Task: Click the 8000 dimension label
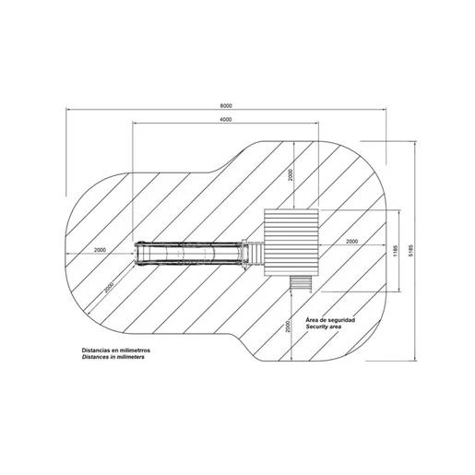(x=226, y=105)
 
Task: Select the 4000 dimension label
(x=226, y=120)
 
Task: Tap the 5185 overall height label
(x=411, y=251)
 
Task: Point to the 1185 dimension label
(x=396, y=251)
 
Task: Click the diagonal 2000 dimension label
(x=109, y=287)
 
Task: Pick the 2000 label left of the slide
(x=100, y=250)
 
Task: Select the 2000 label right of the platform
(x=352, y=242)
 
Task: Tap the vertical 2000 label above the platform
(x=291, y=175)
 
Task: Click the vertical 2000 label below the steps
(x=288, y=327)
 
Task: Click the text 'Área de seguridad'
(x=330, y=320)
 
